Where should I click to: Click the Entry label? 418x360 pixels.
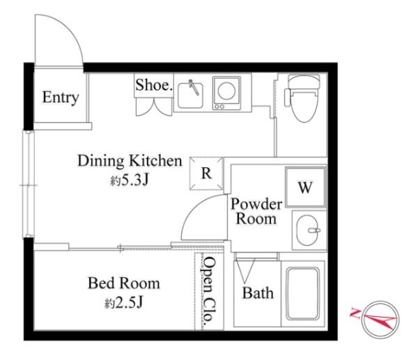[x=61, y=97]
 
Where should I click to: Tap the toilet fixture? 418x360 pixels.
[x=303, y=97]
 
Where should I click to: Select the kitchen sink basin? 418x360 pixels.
[x=190, y=95]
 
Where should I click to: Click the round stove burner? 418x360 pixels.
[x=226, y=91]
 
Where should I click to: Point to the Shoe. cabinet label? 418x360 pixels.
[x=154, y=86]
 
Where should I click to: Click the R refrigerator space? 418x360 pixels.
[x=207, y=173]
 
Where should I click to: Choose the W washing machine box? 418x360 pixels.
[x=306, y=187]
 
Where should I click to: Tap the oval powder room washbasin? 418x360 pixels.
[x=307, y=230]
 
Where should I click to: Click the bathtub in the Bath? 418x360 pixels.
[x=303, y=293]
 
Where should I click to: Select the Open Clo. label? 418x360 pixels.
[x=208, y=292]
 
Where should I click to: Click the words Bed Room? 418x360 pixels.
[x=124, y=283]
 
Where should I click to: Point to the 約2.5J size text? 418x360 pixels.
[x=124, y=302]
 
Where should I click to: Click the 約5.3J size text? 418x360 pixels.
[x=130, y=180]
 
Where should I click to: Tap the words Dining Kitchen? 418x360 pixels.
[x=130, y=161]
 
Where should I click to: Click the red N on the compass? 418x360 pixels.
[x=355, y=313]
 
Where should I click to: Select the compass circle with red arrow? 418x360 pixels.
[x=380, y=320]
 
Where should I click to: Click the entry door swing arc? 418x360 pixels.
[x=70, y=27]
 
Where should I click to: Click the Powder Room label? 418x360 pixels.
[x=256, y=211]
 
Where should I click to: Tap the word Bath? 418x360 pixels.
[x=258, y=293]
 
